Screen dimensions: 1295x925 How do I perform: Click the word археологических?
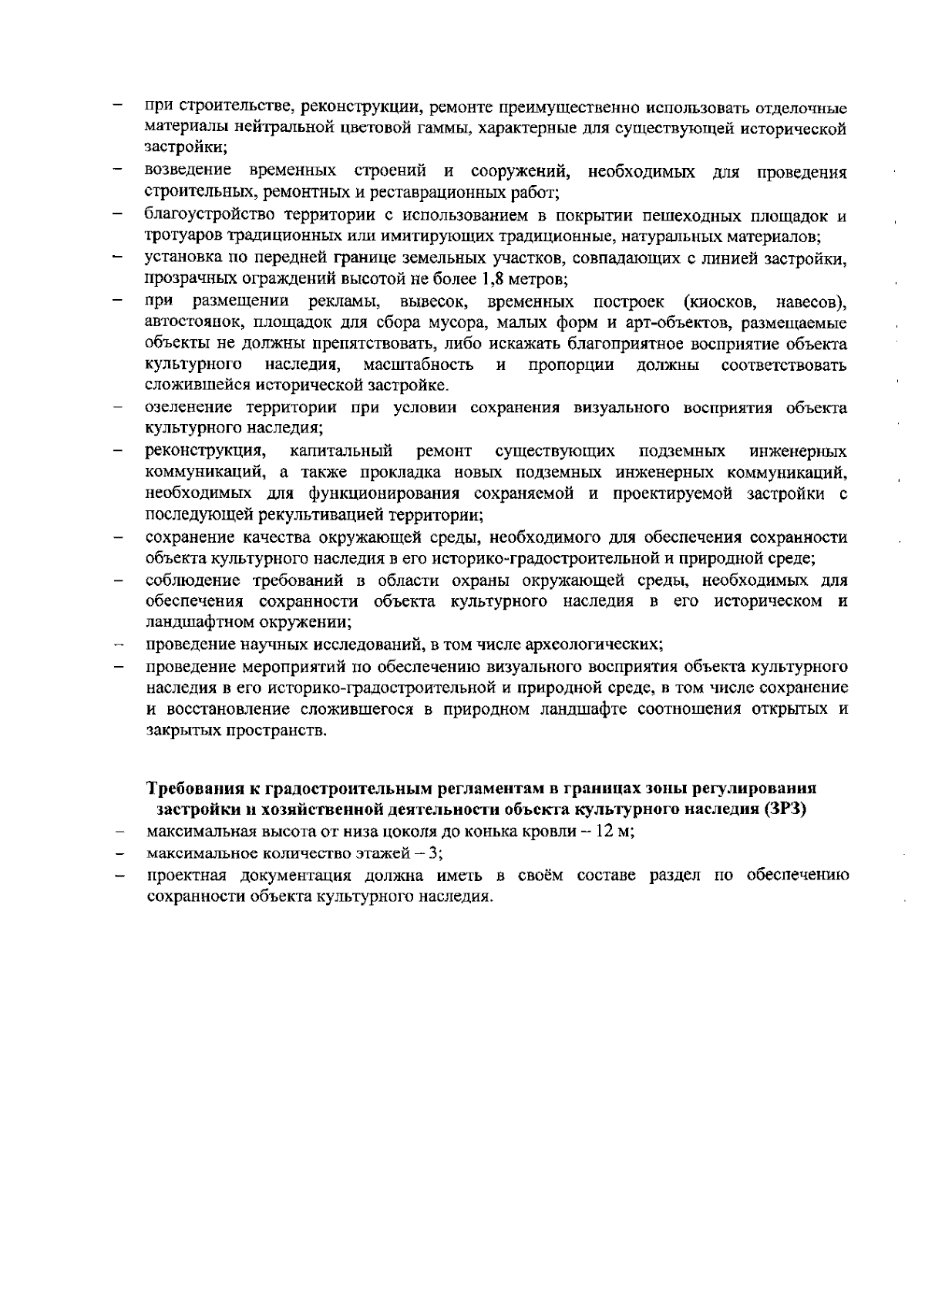599,643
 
